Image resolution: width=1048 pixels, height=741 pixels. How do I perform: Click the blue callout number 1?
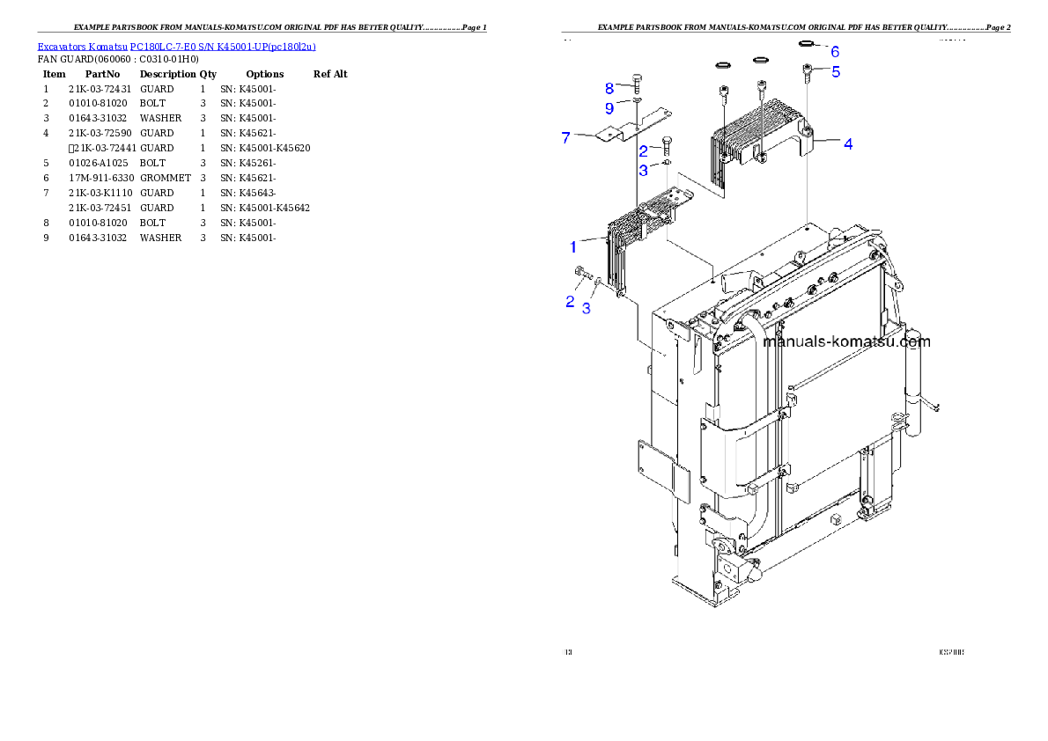[x=572, y=246]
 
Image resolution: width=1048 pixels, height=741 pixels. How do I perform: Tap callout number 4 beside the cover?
[x=848, y=143]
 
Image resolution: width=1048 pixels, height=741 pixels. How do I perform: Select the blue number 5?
[x=836, y=71]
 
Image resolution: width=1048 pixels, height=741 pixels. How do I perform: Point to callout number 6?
[x=835, y=52]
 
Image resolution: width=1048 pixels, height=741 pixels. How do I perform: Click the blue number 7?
[x=566, y=136]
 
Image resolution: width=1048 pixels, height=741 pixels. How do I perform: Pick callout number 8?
[x=609, y=88]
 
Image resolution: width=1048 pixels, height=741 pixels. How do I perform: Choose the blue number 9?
[x=609, y=108]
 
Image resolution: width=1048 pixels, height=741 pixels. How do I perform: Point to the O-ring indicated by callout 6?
[x=806, y=42]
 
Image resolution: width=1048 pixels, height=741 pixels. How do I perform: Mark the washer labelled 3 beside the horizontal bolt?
[x=598, y=282]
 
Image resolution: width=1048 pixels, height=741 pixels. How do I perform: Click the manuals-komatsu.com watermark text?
[x=846, y=342]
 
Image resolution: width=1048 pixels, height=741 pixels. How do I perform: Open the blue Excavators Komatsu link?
[x=176, y=47]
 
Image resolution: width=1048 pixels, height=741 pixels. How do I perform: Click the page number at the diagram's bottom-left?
[x=568, y=652]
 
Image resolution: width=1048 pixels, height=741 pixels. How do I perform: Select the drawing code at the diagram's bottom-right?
[x=951, y=652]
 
